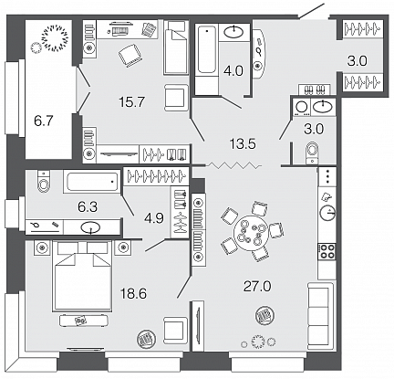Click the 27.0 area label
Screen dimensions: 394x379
pos(257,287)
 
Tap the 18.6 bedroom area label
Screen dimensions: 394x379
pos(133,294)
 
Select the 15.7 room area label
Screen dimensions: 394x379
pos(131,102)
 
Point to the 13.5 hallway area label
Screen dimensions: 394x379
pos(243,143)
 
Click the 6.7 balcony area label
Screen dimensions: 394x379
pos(44,121)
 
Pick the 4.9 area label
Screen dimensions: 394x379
pos(154,218)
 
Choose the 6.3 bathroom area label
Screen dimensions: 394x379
pos(88,207)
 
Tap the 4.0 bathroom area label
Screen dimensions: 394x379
pos(234,71)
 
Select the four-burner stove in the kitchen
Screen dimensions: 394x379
pos(327,251)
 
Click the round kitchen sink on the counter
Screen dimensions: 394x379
pos(327,213)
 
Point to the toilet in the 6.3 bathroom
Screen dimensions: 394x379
pos(44,181)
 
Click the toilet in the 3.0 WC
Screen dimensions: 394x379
pos(312,153)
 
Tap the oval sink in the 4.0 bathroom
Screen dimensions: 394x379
pos(233,31)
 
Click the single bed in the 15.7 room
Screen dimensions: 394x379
pos(175,47)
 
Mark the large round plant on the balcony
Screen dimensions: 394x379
pos(55,38)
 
